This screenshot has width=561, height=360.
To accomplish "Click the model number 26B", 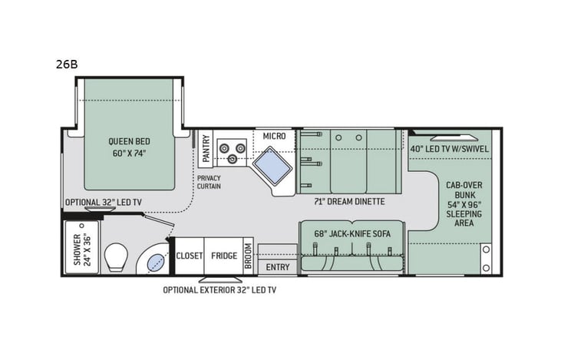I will point(67,64).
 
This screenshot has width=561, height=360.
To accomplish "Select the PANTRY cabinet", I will point(205,147).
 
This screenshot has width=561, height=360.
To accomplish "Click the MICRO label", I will point(274,136).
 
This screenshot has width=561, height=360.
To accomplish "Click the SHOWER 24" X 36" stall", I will point(81,249).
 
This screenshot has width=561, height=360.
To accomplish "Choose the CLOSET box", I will point(189,256).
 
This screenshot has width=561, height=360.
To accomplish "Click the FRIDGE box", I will point(223,256).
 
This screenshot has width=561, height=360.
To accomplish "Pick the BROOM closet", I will point(248,256).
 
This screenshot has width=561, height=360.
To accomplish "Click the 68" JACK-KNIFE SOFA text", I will point(351,232).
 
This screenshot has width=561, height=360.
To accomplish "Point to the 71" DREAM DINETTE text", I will point(349,202).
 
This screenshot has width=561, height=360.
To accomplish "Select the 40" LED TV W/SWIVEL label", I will point(449,148).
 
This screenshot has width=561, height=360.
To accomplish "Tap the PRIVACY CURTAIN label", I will point(209,181).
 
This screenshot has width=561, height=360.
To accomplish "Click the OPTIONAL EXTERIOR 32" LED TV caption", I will point(224,289).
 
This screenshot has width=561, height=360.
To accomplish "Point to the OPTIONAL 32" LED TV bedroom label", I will point(103,202).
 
